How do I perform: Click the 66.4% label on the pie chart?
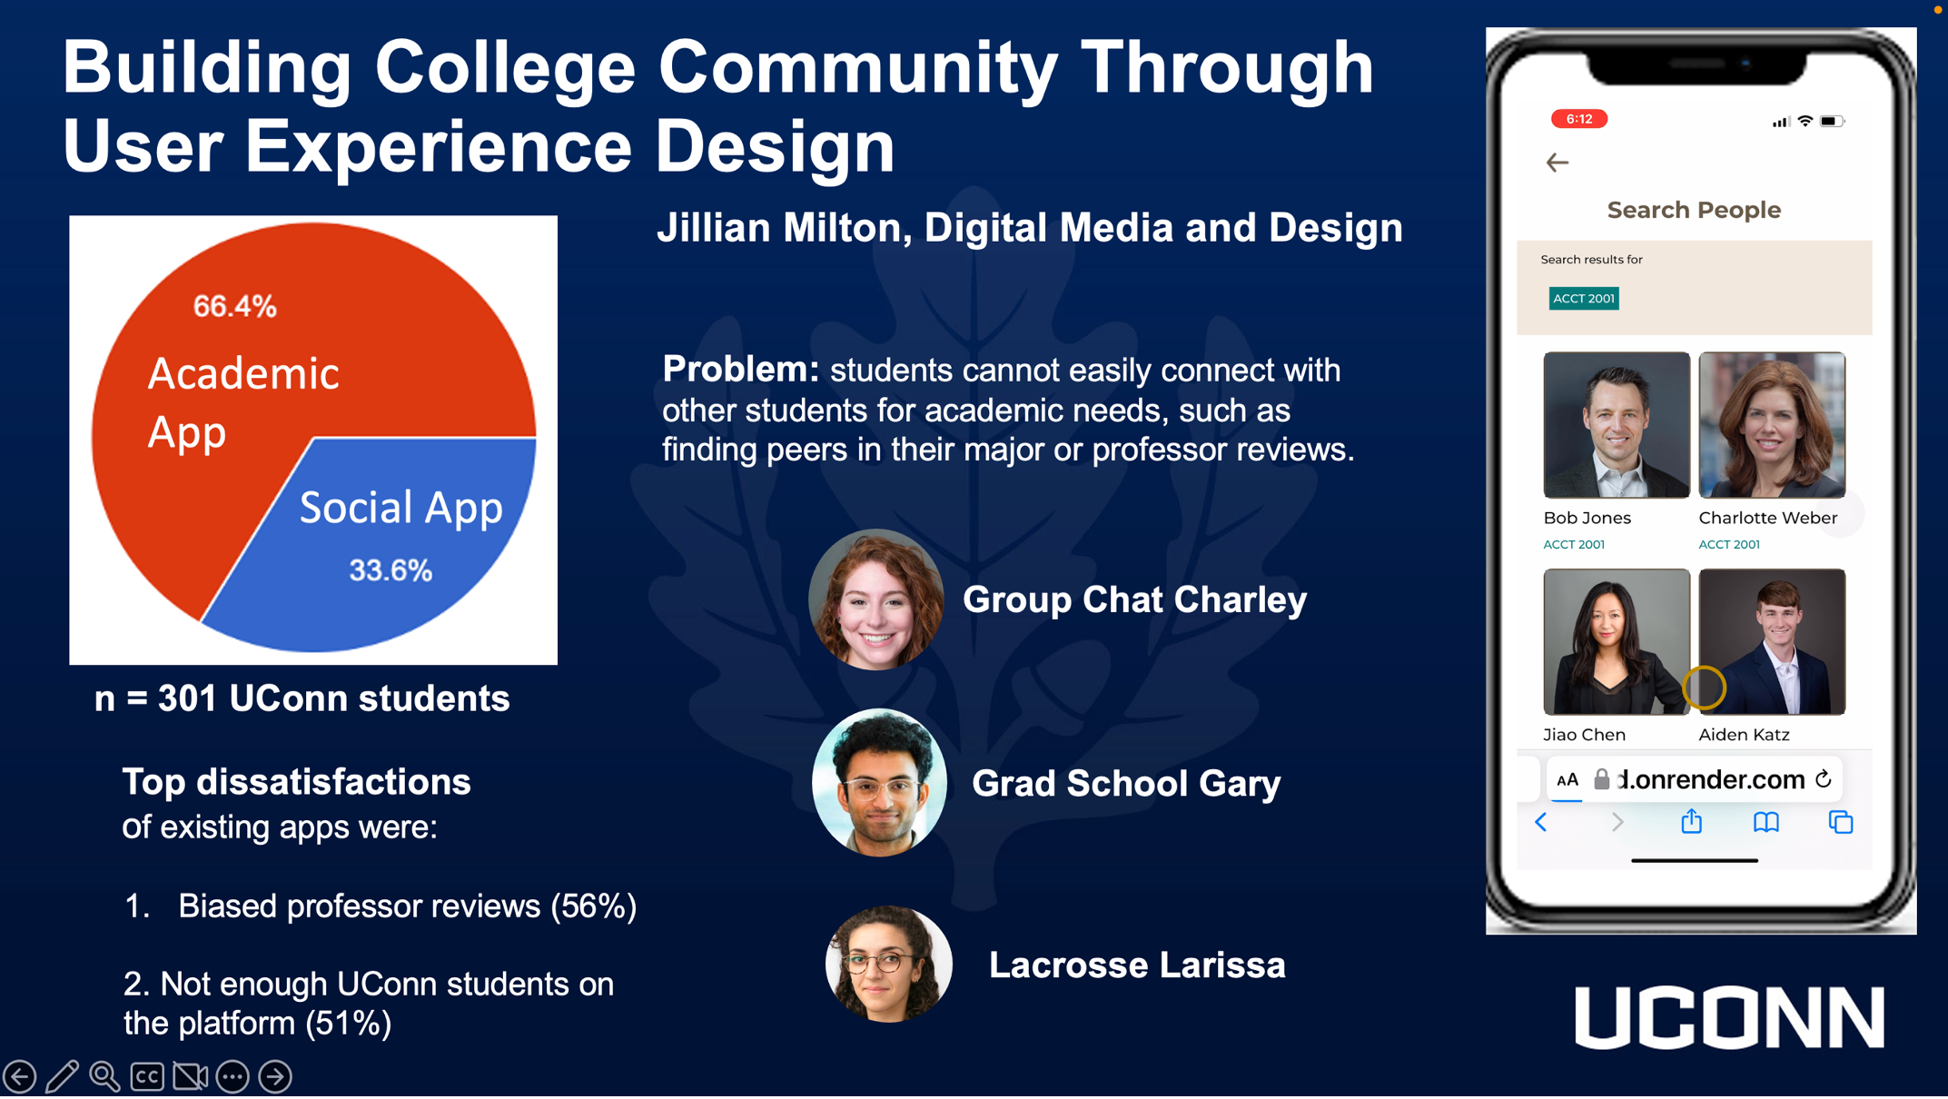pos(234,306)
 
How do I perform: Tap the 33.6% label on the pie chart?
pos(391,570)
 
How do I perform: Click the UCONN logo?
pos(1729,1017)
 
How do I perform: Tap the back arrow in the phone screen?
pos(1557,163)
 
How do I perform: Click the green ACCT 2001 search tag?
pos(1583,299)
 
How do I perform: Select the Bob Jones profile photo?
pos(1617,425)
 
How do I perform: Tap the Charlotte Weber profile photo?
pos(1772,425)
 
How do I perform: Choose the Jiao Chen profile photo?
pos(1617,641)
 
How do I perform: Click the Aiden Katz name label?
pos(1744,735)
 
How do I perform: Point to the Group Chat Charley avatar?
pos(876,599)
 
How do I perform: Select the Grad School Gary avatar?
pos(879,782)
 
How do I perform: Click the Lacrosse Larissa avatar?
pos(888,964)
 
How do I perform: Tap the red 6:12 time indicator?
pos(1578,119)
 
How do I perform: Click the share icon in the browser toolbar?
pos(1691,822)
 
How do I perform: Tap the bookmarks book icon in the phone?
pos(1765,822)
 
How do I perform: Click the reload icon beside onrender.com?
pos(1823,779)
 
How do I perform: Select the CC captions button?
pos(147,1076)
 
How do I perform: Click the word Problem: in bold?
pos(740,370)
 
